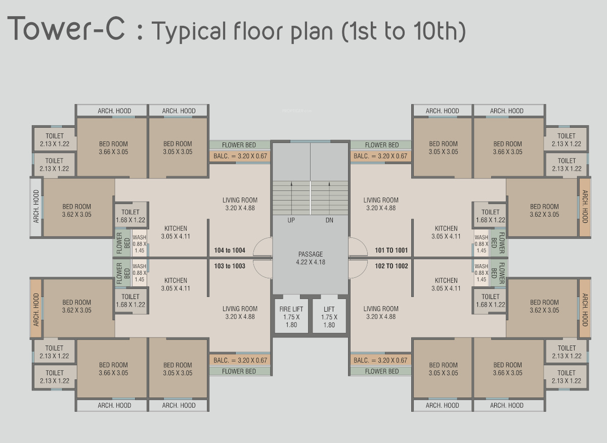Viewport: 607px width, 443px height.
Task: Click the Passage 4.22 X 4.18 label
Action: click(311, 258)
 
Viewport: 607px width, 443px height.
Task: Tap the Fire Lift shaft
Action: click(291, 316)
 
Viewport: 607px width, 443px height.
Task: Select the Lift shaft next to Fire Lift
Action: click(329, 316)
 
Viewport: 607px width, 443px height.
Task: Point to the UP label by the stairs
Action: click(291, 220)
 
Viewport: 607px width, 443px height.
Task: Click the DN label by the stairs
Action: click(329, 220)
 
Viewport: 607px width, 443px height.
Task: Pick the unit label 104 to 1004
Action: click(230, 250)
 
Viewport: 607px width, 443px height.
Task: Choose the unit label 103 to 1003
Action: click(230, 266)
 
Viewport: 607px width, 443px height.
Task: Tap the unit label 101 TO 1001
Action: click(392, 250)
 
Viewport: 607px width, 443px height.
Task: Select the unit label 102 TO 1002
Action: click(392, 266)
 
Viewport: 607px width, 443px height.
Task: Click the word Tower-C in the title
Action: click(66, 28)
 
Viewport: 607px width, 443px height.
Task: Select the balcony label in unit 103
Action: click(240, 360)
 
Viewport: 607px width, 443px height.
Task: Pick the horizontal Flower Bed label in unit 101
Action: click(382, 145)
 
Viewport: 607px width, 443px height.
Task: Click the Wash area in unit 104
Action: click(139, 243)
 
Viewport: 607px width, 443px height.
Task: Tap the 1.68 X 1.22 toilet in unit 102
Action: click(491, 301)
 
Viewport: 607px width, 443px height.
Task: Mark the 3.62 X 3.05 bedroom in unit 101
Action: click(544, 210)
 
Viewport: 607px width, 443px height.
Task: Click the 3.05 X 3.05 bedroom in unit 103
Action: click(178, 369)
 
